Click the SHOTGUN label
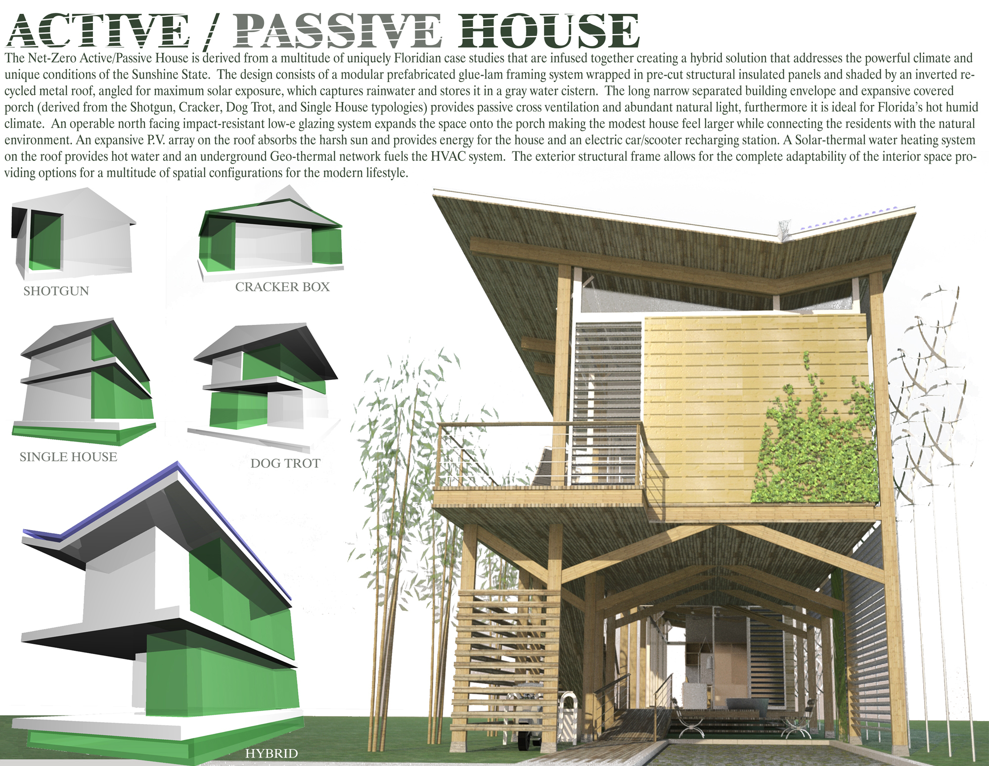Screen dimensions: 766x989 (56, 291)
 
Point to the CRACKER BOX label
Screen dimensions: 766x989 (282, 287)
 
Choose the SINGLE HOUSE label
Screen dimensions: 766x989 (68, 457)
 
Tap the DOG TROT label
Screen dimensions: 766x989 (285, 463)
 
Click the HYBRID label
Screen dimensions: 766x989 (271, 754)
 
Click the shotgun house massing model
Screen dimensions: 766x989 (69, 235)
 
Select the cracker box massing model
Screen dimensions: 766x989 (271, 237)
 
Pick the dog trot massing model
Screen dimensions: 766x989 (262, 381)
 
